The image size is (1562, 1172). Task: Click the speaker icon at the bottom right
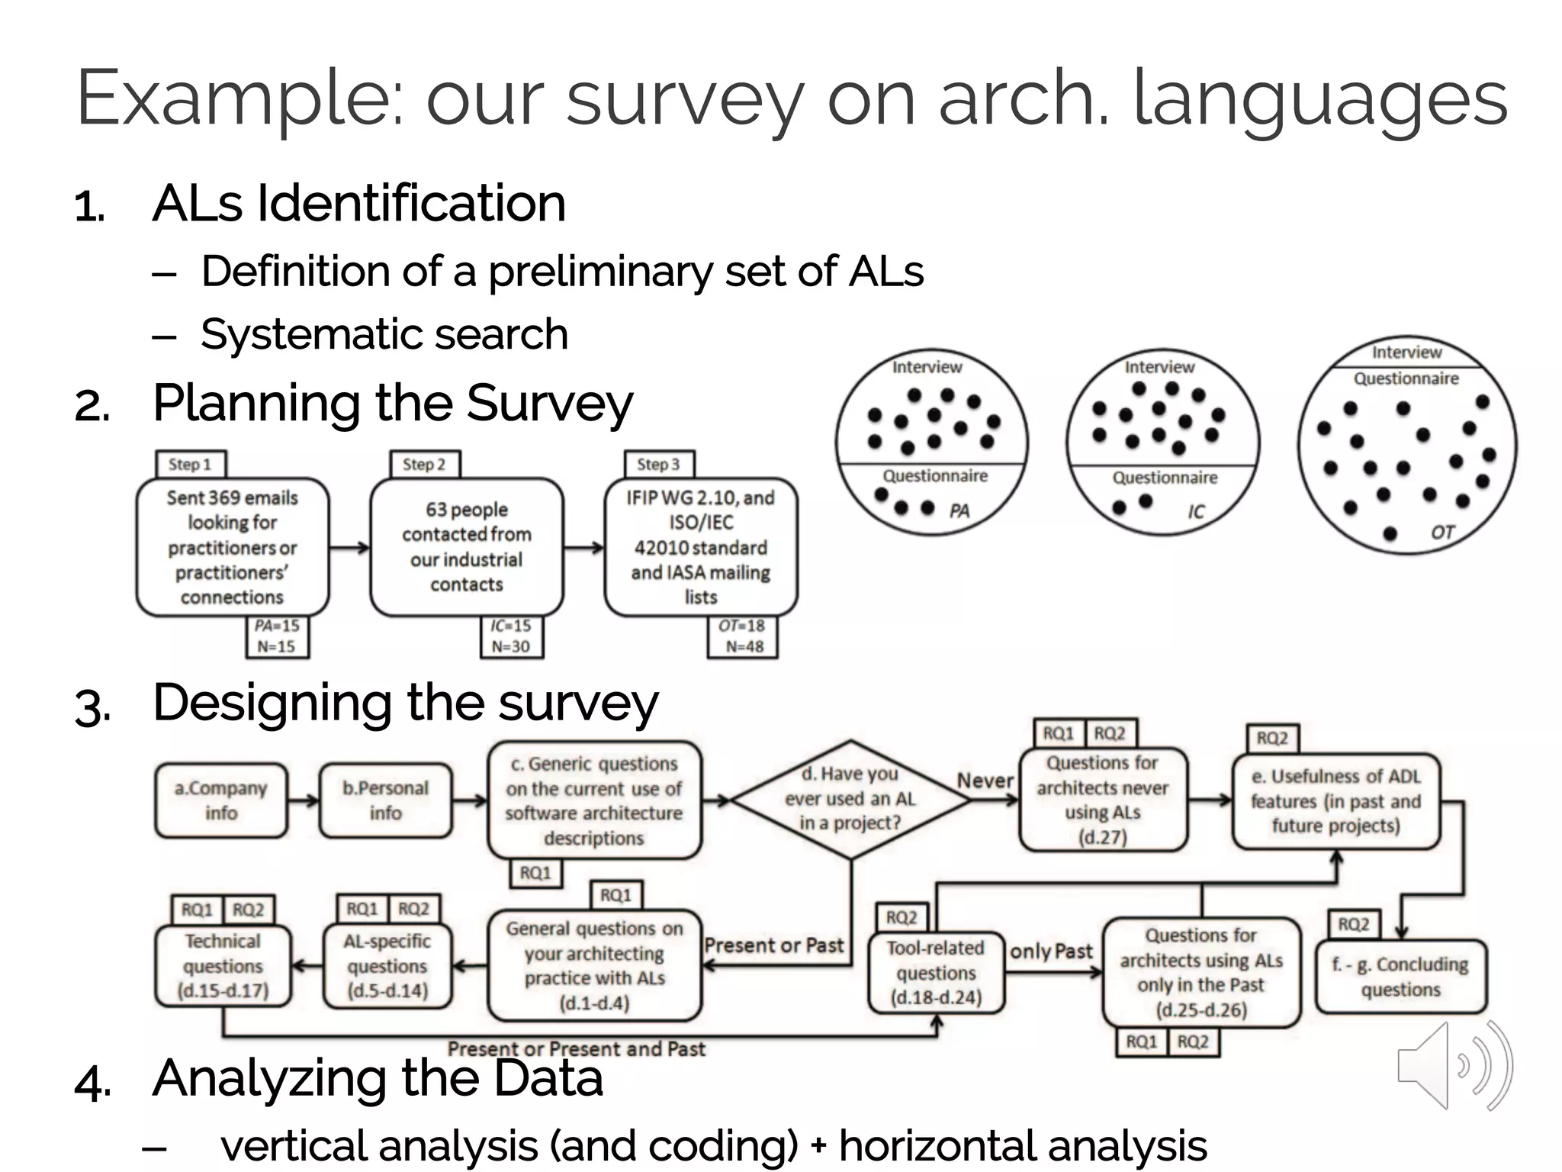coord(1454,1066)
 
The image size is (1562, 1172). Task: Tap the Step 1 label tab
coord(190,464)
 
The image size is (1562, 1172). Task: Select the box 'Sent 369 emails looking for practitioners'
coord(233,547)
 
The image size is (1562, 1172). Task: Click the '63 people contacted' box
coord(467,547)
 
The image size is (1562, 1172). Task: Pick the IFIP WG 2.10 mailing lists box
coord(700,547)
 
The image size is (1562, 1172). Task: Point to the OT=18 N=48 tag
coord(743,636)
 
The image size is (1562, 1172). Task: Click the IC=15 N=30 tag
coord(511,636)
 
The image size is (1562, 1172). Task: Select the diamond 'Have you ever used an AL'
coord(850,799)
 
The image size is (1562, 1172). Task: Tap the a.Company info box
coord(221,800)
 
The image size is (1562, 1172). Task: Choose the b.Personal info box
coord(386,800)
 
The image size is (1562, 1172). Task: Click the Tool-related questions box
coord(936,973)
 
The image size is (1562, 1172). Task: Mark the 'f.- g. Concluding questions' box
coord(1400,977)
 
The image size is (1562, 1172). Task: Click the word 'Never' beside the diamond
coord(985,781)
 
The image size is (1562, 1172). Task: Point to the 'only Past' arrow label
coord(1051,951)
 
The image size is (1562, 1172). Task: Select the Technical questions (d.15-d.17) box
coord(223,967)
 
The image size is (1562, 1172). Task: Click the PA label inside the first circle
coord(959,510)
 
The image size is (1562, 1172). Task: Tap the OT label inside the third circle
coord(1441,532)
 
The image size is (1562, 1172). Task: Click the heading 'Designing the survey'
coord(405,702)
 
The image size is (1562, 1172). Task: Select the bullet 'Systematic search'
coord(384,334)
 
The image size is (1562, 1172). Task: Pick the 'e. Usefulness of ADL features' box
coord(1335,801)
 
